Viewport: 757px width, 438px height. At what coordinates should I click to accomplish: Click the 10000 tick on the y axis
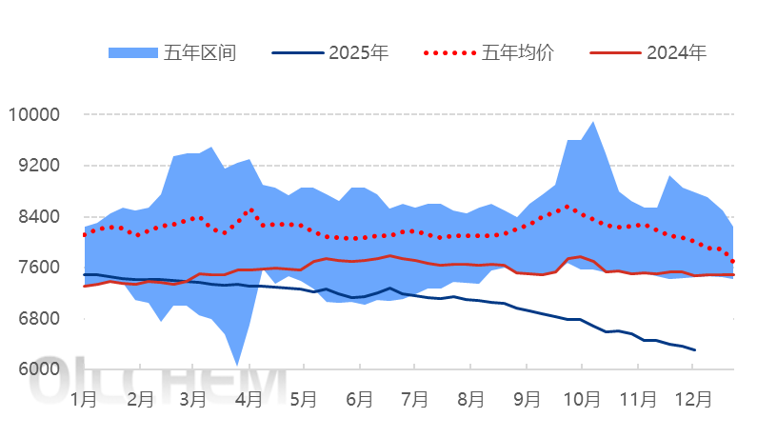(33, 115)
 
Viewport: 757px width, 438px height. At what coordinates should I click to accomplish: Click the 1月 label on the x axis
(84, 399)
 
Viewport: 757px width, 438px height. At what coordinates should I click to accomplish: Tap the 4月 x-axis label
(249, 399)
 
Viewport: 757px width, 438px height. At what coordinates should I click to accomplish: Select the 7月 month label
(414, 399)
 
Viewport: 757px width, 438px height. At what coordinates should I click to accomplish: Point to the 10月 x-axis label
(581, 399)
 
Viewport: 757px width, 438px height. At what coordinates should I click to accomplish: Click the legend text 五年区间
(199, 52)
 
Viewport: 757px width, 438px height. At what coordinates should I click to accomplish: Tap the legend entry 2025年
(358, 52)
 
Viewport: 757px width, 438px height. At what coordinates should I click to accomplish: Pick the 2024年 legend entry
(676, 52)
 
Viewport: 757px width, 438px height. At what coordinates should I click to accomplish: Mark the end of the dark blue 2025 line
(695, 350)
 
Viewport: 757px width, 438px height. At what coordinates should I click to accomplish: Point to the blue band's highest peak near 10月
(593, 122)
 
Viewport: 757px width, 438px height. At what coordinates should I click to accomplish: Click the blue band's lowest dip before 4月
(237, 365)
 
